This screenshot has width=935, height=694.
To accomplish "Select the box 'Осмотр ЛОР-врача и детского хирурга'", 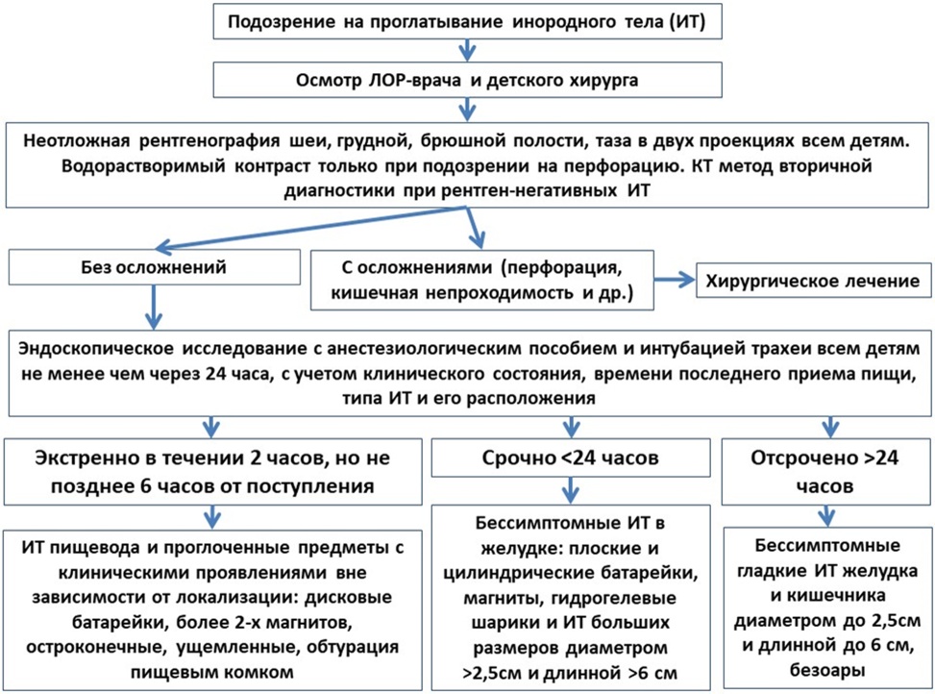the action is point(467,81).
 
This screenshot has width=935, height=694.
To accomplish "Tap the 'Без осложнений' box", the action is point(154,266).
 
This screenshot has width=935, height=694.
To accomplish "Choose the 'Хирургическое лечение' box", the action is point(813,281).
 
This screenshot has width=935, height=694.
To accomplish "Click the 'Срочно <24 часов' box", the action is point(571,458).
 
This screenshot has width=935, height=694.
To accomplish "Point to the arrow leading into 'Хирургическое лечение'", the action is point(675,280).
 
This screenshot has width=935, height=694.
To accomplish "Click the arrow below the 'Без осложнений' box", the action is point(154,307).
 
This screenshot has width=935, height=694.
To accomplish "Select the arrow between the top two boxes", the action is point(467,51).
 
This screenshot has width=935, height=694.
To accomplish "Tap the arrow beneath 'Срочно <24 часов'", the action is point(571,490).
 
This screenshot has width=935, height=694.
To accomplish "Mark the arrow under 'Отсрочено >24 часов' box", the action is point(826,516).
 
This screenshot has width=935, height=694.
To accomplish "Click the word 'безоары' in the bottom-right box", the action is point(827,670).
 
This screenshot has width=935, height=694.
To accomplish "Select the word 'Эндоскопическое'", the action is point(96,349).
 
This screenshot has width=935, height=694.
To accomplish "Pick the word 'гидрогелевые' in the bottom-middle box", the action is point(614,598).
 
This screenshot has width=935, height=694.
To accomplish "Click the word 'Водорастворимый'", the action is point(144,166).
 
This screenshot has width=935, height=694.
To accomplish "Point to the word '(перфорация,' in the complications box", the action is point(562,268).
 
